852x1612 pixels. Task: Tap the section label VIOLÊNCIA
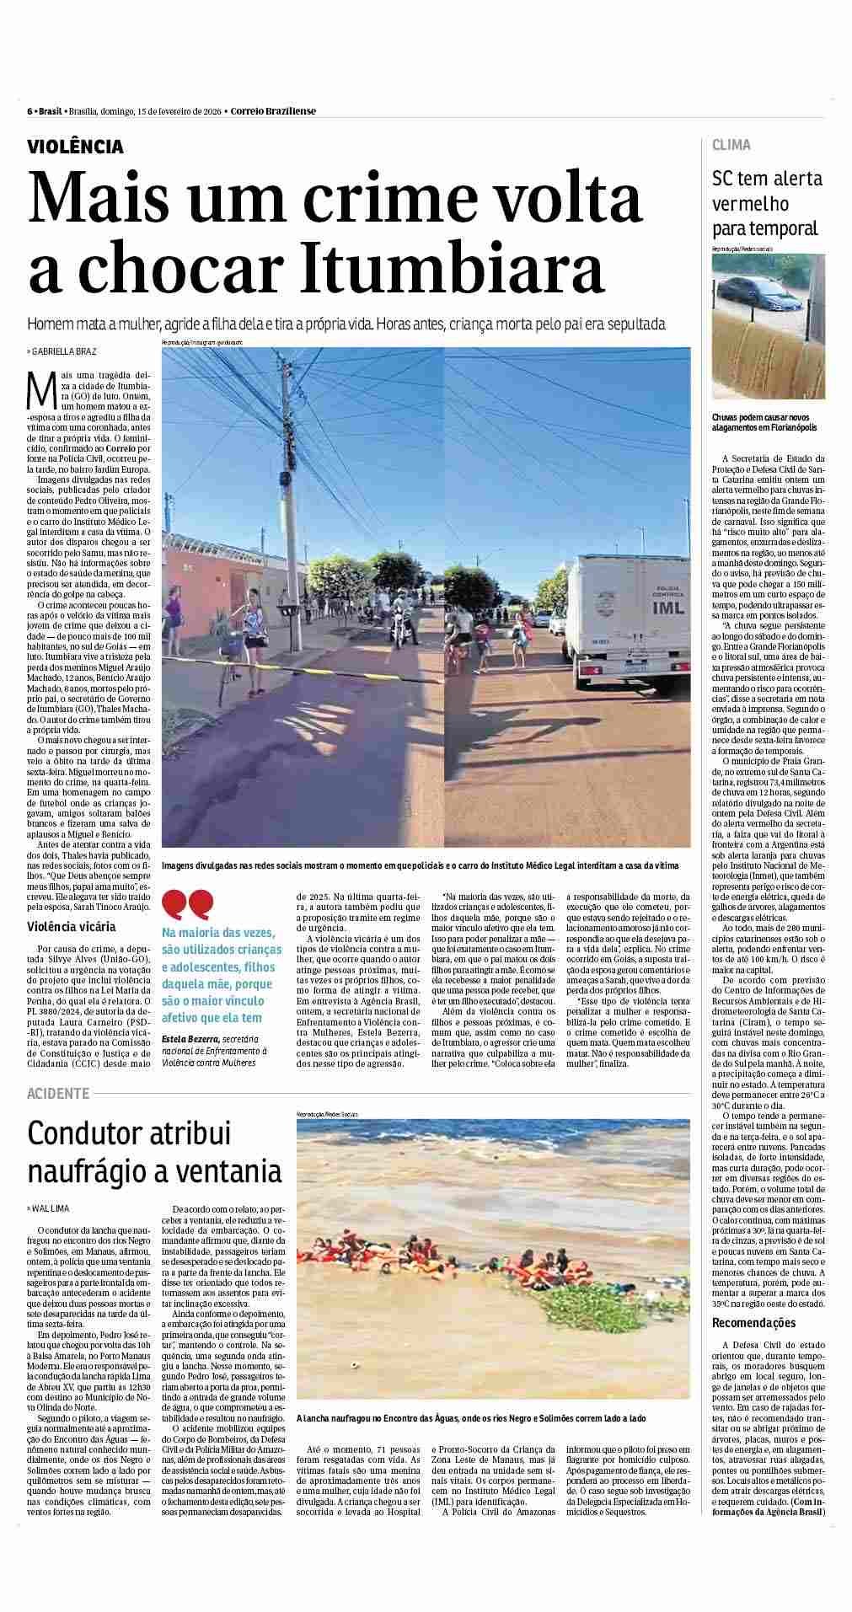pyautogui.click(x=75, y=147)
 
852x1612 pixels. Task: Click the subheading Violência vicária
pyautogui.click(x=72, y=927)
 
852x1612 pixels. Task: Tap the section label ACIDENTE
pyautogui.click(x=57, y=1093)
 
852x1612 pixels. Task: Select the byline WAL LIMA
pyautogui.click(x=51, y=1208)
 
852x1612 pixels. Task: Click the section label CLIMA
pyautogui.click(x=731, y=145)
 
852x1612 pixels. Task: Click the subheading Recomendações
pyautogui.click(x=753, y=1347)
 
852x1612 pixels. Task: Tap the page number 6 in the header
pyautogui.click(x=29, y=111)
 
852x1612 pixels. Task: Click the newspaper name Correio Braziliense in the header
pyautogui.click(x=273, y=111)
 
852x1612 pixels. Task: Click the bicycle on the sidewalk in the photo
pyautogui.click(x=226, y=666)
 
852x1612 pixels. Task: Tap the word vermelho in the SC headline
pyautogui.click(x=750, y=203)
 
